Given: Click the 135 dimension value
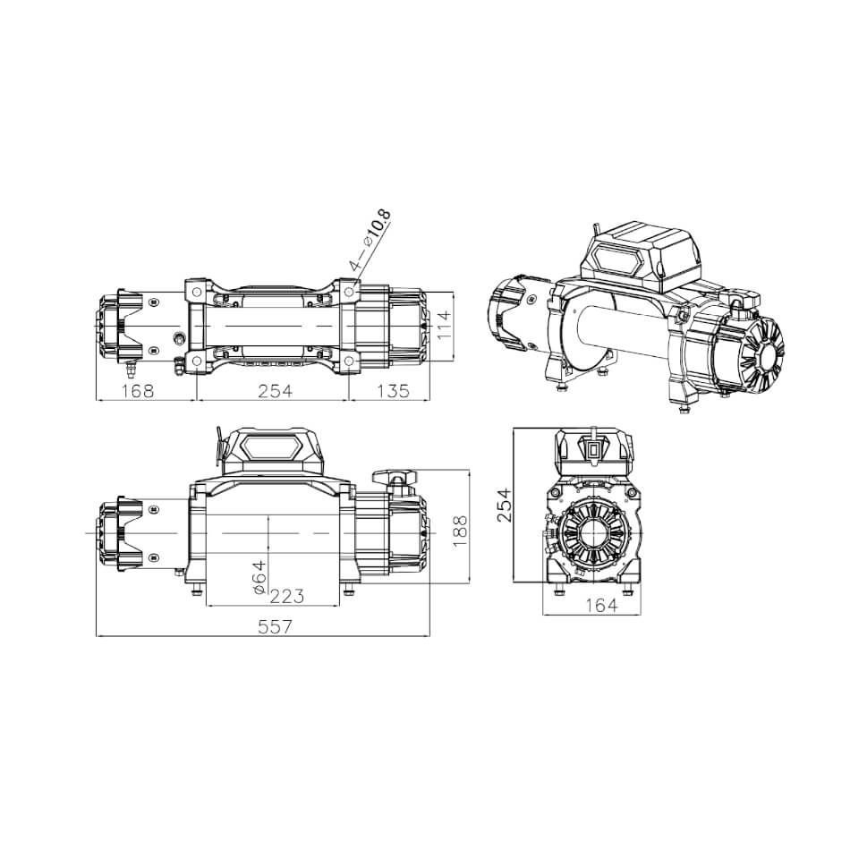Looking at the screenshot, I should click(395, 391).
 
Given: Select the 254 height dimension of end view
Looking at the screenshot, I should click(504, 506).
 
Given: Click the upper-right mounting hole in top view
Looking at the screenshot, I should click(347, 291).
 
